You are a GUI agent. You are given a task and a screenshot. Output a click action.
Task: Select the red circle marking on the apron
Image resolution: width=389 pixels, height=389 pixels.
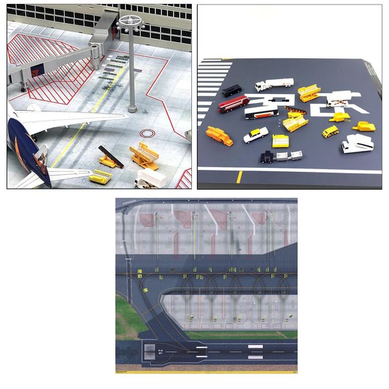[148, 134]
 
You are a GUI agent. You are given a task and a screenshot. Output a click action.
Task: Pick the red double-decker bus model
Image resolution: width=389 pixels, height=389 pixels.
[233, 104]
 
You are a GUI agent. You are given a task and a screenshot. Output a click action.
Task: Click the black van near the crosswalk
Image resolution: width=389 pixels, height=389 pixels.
[231, 91]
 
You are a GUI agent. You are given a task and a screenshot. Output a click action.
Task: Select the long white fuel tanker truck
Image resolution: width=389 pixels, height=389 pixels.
[274, 84]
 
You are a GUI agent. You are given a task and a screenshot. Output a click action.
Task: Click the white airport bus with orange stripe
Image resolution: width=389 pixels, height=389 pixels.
[261, 112]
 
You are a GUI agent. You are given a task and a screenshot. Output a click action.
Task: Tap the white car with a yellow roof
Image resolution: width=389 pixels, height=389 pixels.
[255, 135]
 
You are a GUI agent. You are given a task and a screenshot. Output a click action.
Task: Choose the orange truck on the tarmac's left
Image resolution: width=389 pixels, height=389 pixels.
[219, 136]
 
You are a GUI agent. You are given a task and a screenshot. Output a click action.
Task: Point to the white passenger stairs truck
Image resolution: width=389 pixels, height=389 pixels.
[357, 143]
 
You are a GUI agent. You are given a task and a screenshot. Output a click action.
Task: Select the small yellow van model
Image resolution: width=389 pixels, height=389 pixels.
[330, 132]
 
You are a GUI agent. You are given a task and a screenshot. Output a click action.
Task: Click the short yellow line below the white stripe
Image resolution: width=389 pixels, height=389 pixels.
[239, 177]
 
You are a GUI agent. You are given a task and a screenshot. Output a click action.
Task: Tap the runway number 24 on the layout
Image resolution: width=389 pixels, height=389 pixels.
[160, 352]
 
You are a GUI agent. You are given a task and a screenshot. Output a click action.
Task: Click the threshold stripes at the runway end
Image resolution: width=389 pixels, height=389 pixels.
[150, 352]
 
